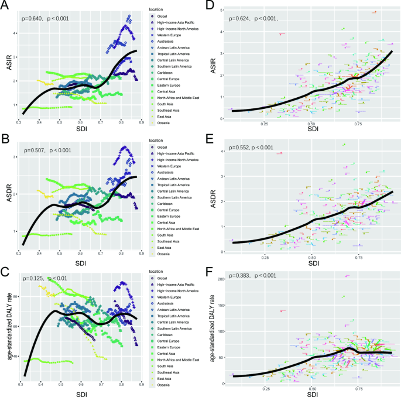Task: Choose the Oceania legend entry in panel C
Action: [x=157, y=384]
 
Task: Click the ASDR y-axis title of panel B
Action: [x=7, y=192]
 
